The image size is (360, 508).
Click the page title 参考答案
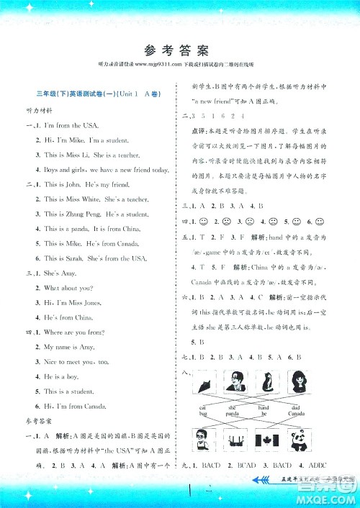click(x=180, y=50)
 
